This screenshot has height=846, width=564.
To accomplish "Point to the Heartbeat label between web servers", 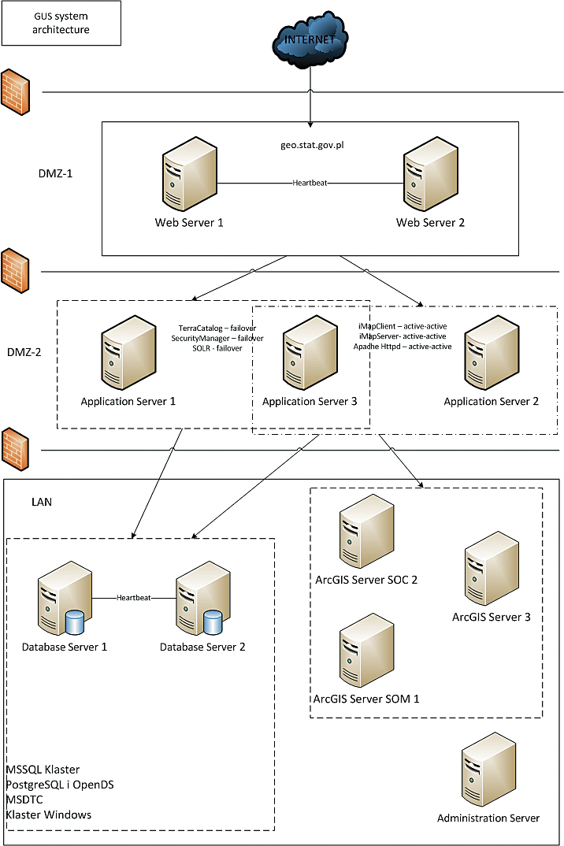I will [x=309, y=183].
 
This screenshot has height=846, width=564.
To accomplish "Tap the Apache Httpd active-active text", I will [x=402, y=346].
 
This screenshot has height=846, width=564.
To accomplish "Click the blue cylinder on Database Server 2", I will [x=213, y=623].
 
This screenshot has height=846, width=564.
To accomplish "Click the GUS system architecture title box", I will [x=61, y=23].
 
